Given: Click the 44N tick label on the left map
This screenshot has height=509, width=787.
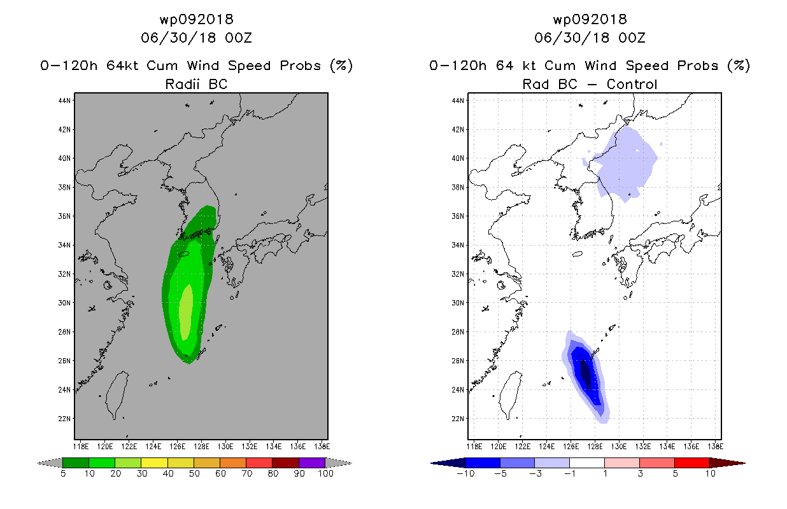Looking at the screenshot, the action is tap(64, 101).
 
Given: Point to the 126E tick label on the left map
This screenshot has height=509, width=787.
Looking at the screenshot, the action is tap(178, 447).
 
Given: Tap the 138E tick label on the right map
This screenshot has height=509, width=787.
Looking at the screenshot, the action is tap(715, 447).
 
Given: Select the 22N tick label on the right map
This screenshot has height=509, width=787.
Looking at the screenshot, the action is tap(458, 419).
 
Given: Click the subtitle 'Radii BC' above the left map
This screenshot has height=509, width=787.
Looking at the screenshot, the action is tap(196, 84).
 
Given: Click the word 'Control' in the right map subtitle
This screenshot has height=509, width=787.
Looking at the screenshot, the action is tap(632, 84).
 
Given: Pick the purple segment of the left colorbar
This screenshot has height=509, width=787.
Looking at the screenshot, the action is tap(312, 463).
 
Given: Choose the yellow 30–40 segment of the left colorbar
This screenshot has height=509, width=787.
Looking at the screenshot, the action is tap(154, 463).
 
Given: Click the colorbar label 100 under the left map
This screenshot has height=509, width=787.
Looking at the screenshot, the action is tap(325, 473).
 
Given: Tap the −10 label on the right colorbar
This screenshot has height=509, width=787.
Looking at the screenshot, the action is tap(465, 473).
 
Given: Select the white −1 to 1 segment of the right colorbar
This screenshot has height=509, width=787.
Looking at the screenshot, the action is tap(586, 463).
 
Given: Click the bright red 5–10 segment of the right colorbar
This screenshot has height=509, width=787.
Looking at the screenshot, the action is tap(691, 463).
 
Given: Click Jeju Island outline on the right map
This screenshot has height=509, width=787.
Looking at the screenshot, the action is tap(578, 254).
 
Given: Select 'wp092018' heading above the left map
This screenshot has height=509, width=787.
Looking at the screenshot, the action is tap(196, 19).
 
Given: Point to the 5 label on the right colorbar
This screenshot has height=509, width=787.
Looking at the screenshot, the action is tap(675, 473).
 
